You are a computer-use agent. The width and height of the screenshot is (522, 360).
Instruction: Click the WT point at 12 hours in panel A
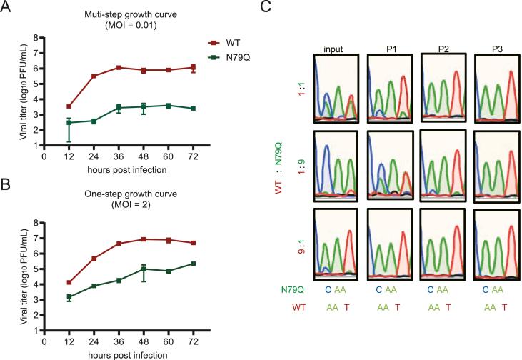pos(69,106)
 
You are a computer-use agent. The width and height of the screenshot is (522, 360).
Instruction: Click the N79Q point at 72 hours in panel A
pos(194,109)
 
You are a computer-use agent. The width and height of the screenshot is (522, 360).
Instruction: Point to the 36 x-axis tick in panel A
pos(119,157)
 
